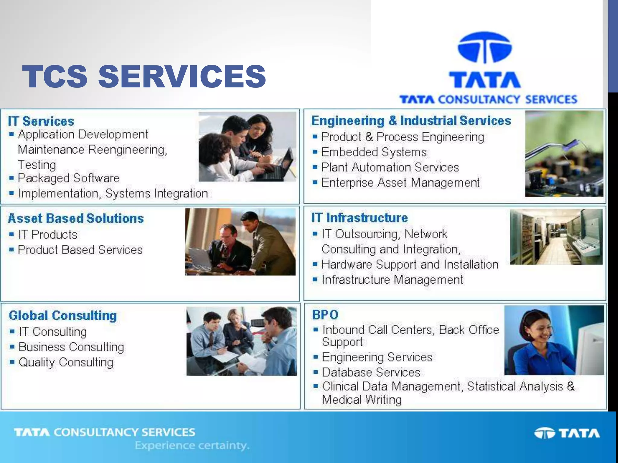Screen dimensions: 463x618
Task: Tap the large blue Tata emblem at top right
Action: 485,48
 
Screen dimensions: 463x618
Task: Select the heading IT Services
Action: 41,121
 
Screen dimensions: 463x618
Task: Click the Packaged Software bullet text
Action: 68,178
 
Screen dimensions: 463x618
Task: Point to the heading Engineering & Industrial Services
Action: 411,121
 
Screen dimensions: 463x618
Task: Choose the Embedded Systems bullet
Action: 374,152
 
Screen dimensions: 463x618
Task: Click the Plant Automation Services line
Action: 390,167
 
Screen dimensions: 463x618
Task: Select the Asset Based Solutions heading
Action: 76,218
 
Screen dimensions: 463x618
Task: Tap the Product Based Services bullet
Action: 80,250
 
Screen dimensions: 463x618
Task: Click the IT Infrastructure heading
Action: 359,218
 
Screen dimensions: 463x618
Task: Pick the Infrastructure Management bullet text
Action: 392,280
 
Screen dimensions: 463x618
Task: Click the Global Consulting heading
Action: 63,316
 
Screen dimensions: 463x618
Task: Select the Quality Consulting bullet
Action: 66,362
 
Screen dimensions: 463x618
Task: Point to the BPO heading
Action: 325,315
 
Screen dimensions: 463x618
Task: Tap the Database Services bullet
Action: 371,372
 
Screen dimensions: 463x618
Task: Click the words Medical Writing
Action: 362,400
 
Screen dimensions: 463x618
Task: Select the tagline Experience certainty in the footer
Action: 192,445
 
